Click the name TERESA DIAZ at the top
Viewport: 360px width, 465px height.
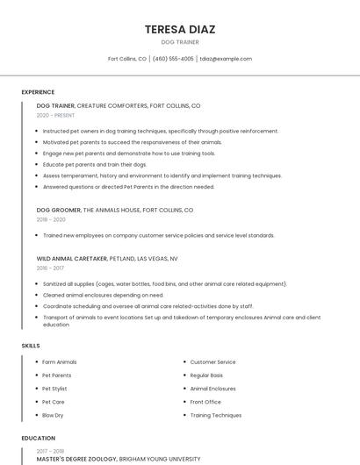tap(179, 29)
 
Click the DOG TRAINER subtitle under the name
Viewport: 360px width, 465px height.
tap(179, 42)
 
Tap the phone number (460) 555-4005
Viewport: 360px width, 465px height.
tap(173, 59)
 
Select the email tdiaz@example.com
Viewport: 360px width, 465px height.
tap(226, 59)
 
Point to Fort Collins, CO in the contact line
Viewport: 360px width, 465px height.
tap(127, 59)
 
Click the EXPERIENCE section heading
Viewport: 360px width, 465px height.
tap(38, 92)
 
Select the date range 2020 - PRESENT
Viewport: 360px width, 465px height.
tap(55, 115)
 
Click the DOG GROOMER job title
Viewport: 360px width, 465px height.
tap(58, 211)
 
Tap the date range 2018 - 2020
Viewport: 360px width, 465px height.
tap(51, 219)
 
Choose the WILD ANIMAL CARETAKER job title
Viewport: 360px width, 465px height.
tap(72, 259)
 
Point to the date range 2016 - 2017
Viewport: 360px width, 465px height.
tap(50, 268)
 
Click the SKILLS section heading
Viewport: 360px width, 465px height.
tap(31, 346)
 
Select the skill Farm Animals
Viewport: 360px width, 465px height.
tap(60, 362)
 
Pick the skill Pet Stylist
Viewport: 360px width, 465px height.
tap(54, 389)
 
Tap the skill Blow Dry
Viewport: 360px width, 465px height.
tap(53, 415)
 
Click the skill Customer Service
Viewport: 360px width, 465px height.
tap(212, 362)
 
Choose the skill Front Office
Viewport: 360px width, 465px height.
tap(205, 402)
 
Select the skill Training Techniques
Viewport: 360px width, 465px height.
tap(216, 415)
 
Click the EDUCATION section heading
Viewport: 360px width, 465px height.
tap(38, 438)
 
